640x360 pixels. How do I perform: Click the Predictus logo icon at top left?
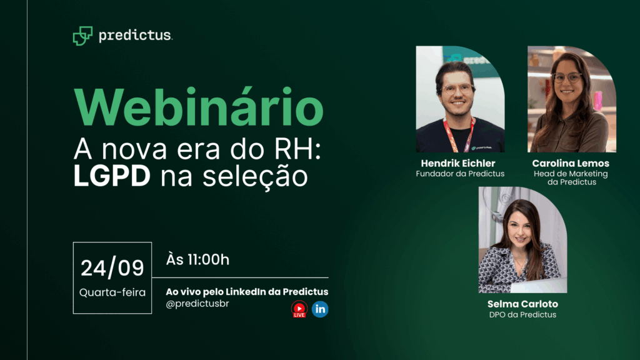82,36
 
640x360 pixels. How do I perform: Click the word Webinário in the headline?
198,107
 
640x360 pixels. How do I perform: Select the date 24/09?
112,267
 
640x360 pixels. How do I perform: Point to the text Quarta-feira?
112,292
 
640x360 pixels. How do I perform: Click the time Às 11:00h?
198,259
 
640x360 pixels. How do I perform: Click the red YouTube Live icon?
299,309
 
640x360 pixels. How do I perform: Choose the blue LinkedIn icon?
320,309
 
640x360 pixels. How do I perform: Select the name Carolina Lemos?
571,163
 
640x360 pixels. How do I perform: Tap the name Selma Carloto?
522,304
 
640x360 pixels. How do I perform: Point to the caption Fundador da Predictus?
460,174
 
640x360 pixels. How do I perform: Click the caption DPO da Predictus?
522,314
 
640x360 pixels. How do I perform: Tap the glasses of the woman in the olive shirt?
566,77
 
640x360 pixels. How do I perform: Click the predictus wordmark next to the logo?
135,36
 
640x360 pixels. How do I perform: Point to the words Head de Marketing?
571,174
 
